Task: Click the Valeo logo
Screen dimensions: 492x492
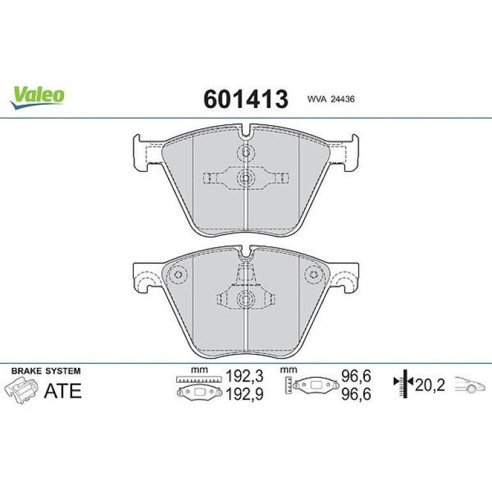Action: coord(37,96)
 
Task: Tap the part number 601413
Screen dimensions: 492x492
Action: coord(246,99)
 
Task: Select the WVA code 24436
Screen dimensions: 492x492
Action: coord(342,99)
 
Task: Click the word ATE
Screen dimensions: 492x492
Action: coord(63,390)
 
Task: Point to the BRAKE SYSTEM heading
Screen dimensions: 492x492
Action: coord(46,371)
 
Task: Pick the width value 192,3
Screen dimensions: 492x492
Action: coord(245,376)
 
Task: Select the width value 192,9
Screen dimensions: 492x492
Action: coord(245,394)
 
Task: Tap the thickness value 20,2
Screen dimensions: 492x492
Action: coord(430,385)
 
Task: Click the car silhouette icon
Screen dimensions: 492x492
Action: coord(470,385)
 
